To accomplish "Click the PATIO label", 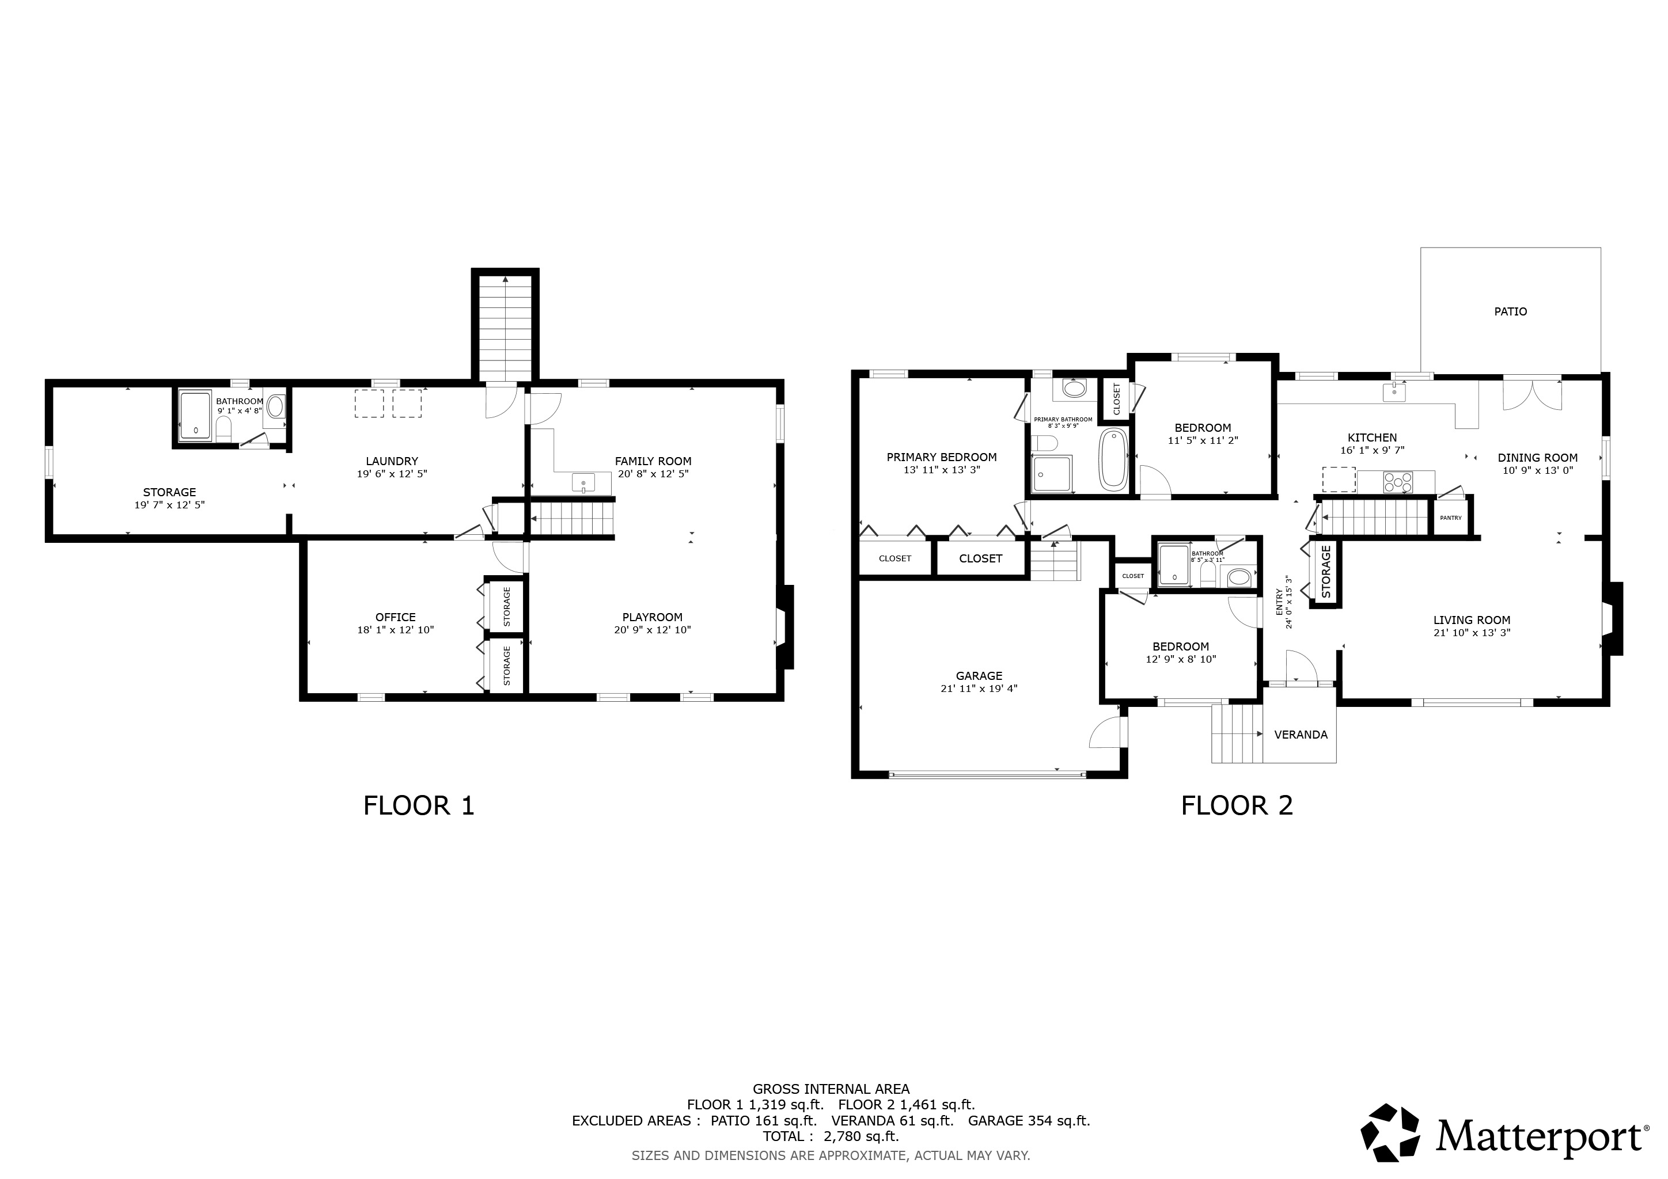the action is click(x=1510, y=311).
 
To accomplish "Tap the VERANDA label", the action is click(x=1301, y=735).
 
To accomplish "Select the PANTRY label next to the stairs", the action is click(x=1450, y=518).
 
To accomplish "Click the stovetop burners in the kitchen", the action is click(x=1398, y=481).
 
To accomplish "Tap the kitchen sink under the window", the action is click(x=1394, y=392).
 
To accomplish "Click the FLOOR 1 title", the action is click(x=419, y=805).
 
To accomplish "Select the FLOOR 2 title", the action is click(x=1237, y=805).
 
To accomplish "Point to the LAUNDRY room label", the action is click(x=392, y=461).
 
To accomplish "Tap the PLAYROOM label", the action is click(x=653, y=617).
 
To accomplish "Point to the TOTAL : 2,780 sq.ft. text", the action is click(x=831, y=1136).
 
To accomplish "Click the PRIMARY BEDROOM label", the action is click(x=942, y=457).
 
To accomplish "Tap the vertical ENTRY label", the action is click(x=1280, y=603).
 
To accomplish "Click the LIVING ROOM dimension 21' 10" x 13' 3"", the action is click(x=1471, y=632).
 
